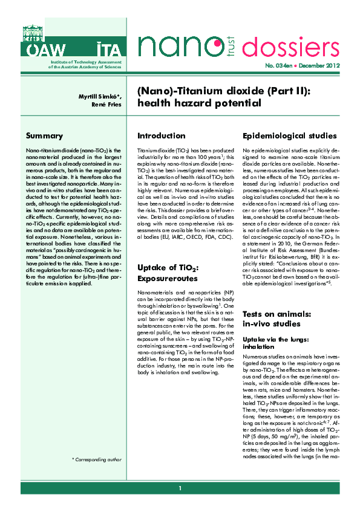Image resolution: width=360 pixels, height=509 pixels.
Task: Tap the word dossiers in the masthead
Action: click(301, 47)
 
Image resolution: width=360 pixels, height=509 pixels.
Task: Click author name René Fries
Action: click(106, 105)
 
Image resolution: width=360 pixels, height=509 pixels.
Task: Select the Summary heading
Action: click(44, 135)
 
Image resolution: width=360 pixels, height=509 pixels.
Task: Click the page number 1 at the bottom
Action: click(180, 488)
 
